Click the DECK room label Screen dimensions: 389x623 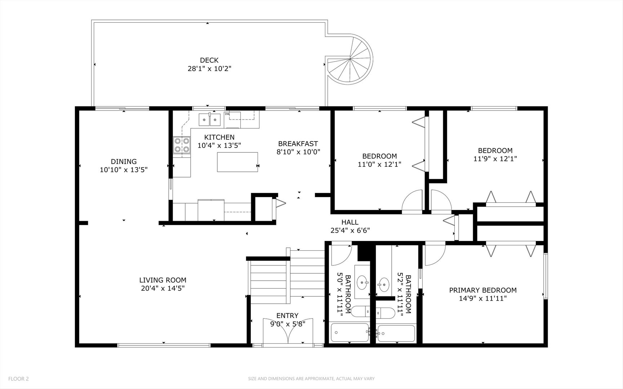(x=209, y=60)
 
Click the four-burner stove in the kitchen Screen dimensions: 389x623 (x=182, y=145)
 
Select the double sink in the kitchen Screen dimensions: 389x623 (x=210, y=119)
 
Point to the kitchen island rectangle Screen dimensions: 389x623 (x=237, y=162)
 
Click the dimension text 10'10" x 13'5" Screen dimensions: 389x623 (x=124, y=170)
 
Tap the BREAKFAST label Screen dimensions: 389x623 (x=298, y=144)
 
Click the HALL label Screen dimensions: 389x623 (x=350, y=223)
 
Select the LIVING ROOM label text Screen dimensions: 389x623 (x=163, y=280)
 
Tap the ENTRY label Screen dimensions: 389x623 (x=287, y=316)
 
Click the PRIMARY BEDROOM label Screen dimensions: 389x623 (x=483, y=290)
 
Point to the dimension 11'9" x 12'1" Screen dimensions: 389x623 (x=495, y=158)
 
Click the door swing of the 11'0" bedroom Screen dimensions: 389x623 (x=411, y=201)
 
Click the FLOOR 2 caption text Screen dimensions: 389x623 (x=18, y=379)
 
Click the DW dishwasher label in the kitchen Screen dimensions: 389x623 (x=227, y=114)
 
